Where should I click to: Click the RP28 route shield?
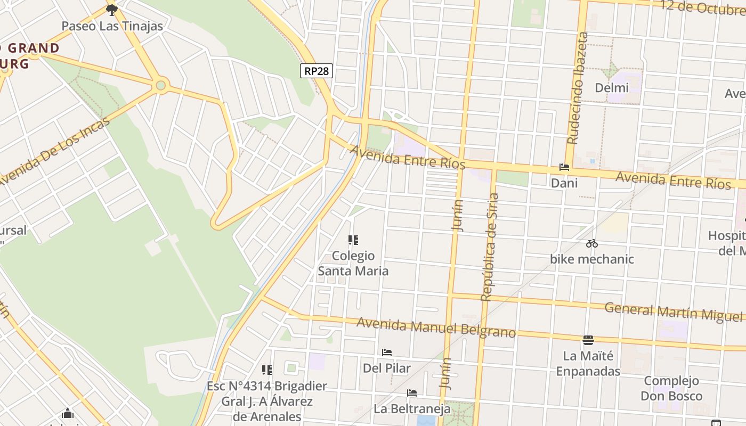pyautogui.click(x=317, y=71)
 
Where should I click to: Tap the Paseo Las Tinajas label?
pyautogui.click(x=112, y=26)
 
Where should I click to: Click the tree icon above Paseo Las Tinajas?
pyautogui.click(x=111, y=10)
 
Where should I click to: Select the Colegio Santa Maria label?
pyautogui.click(x=353, y=264)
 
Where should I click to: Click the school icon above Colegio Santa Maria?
pyautogui.click(x=353, y=241)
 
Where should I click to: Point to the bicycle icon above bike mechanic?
pyautogui.click(x=591, y=244)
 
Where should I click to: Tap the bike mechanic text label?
pyautogui.click(x=591, y=259)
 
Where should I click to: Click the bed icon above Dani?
pyautogui.click(x=564, y=167)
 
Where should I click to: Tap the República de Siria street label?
pyautogui.click(x=489, y=247)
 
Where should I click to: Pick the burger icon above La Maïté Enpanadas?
pyautogui.click(x=588, y=340)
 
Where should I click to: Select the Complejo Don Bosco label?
pyautogui.click(x=671, y=388)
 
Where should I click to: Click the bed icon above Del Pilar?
pyautogui.click(x=387, y=353)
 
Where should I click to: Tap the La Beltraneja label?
pyautogui.click(x=412, y=409)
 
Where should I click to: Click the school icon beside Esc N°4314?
pyautogui.click(x=267, y=370)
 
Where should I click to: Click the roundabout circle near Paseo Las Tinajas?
pyautogui.click(x=160, y=85)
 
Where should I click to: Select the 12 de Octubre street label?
pyautogui.click(x=702, y=7)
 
